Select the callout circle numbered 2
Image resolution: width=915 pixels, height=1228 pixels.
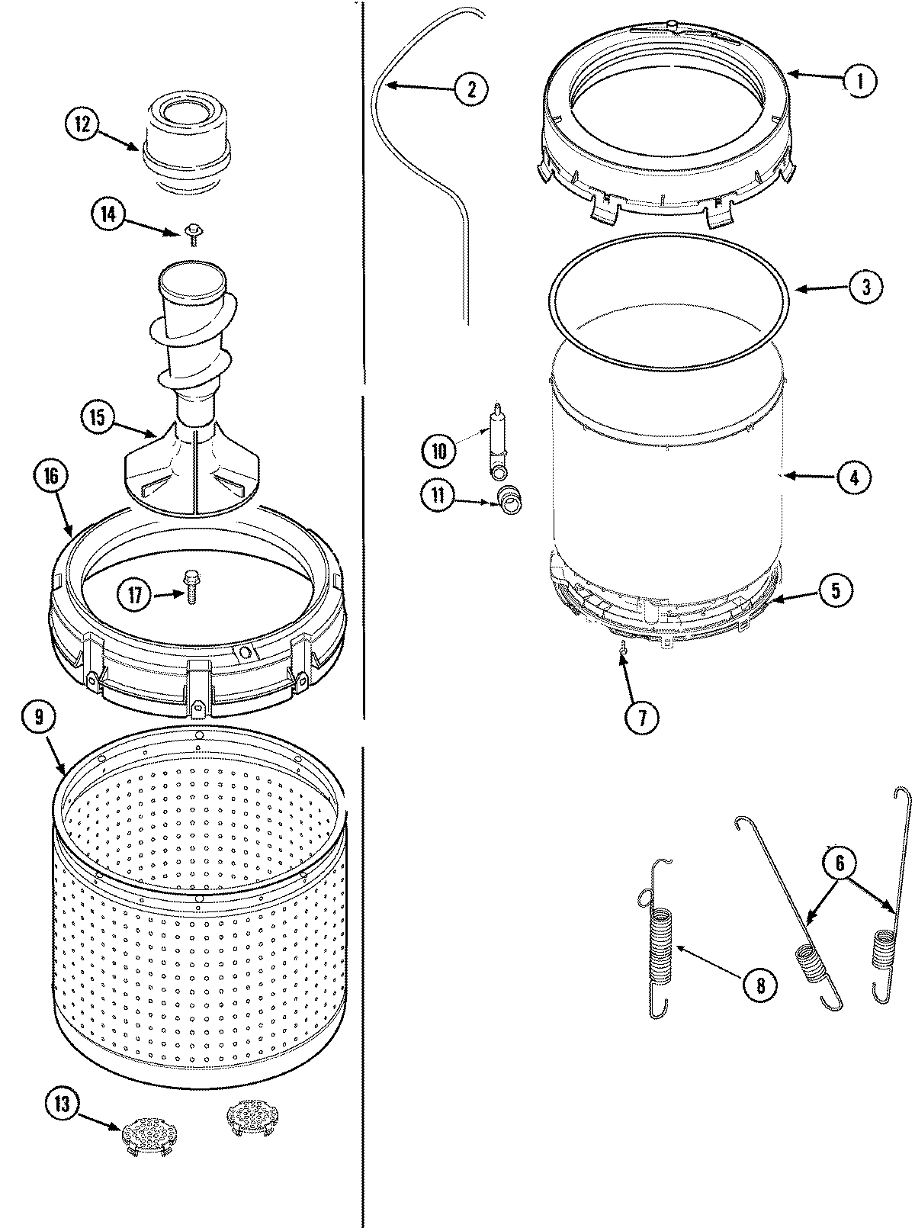coord(470,88)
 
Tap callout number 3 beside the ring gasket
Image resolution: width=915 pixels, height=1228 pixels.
coord(866,287)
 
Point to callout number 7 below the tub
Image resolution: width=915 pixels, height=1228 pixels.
coord(640,716)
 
